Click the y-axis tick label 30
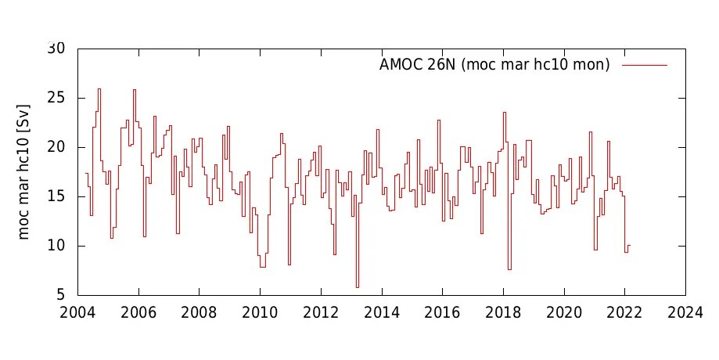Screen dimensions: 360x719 56,49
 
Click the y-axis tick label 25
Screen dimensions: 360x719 56,99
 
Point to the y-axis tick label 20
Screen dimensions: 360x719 56,148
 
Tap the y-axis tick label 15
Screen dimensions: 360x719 56,197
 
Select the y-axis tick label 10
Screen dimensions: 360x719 56,247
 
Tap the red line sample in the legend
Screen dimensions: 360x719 645,66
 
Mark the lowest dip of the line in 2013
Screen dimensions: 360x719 358,287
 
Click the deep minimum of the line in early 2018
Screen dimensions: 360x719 509,269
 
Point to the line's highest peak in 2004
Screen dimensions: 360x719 99,88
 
